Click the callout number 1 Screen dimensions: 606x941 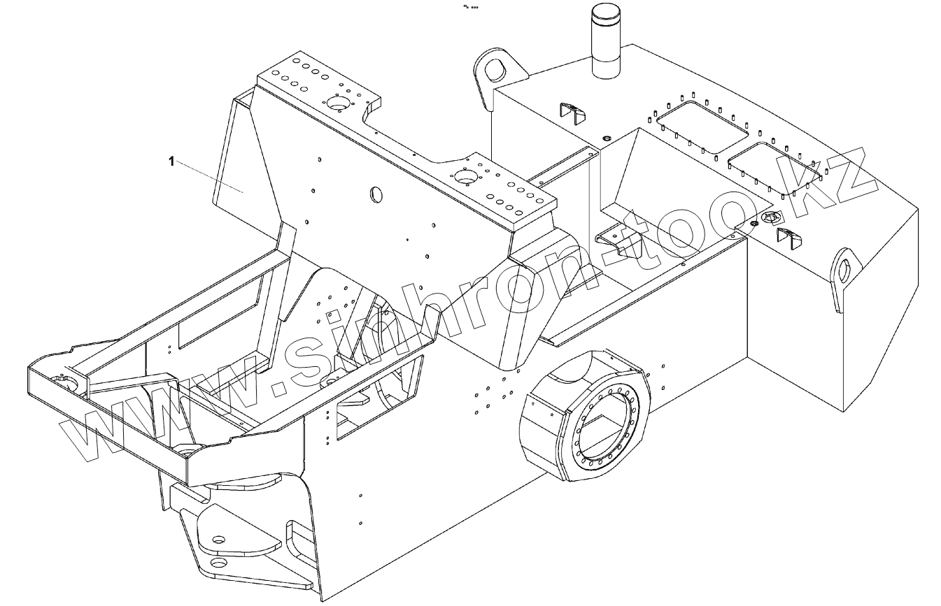tap(171, 162)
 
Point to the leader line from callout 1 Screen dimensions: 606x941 tap(208, 176)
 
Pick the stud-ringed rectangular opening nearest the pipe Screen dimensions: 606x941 tap(702, 126)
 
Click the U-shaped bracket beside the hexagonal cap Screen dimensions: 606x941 tap(790, 238)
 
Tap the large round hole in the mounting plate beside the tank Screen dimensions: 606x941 tap(463, 177)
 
